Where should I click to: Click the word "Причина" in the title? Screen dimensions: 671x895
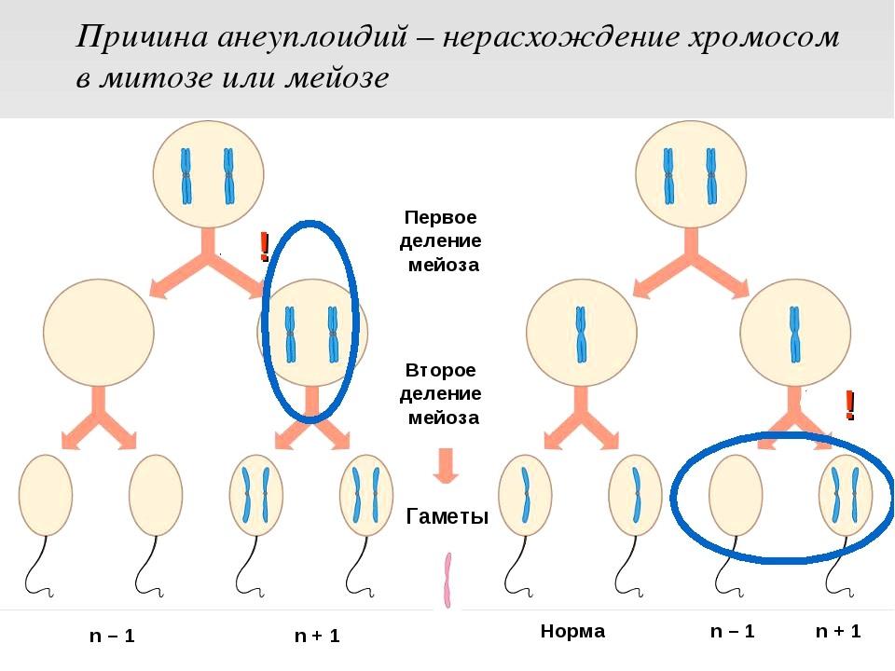coord(139,38)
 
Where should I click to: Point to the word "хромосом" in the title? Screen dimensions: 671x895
coord(764,38)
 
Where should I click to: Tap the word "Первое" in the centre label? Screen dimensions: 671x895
coord(440,217)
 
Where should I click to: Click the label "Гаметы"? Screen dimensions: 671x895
coord(447,517)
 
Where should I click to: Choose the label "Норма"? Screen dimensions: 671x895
coord(572,631)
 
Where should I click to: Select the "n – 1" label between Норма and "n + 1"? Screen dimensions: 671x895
coord(732,631)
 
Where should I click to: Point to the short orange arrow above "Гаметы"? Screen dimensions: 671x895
coord(446,465)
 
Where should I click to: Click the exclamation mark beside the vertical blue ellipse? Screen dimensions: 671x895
coord(265,245)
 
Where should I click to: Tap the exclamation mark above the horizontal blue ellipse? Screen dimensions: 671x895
coord(849,404)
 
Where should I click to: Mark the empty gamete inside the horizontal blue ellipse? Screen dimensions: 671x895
coord(736,495)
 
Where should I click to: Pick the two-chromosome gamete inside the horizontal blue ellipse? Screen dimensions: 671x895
coord(845,495)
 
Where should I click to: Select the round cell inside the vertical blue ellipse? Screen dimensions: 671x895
coord(311,334)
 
